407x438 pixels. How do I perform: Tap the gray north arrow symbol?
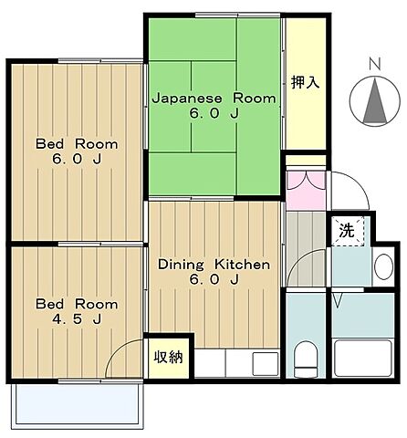pyautogui.click(x=372, y=102)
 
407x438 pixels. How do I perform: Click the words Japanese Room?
pyautogui.click(x=213, y=98)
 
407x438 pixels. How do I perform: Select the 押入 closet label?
pyautogui.click(x=306, y=83)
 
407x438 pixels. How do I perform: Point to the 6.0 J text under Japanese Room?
pyautogui.click(x=213, y=114)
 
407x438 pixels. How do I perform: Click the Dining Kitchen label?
pyautogui.click(x=214, y=265)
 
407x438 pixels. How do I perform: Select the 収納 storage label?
pyautogui.click(x=167, y=357)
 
